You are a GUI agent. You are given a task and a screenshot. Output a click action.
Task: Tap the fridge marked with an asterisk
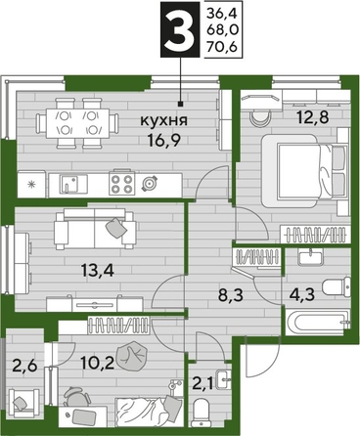[31, 183]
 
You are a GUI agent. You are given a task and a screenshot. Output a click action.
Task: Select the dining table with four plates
[76, 123]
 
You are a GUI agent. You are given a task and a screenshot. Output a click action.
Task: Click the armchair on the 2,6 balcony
[22, 401]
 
